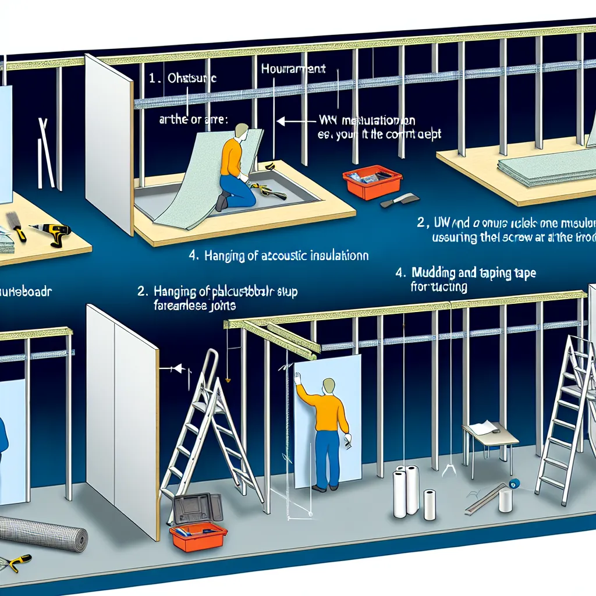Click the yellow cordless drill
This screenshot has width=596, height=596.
tap(56, 232)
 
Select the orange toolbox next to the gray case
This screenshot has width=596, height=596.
tap(198, 535)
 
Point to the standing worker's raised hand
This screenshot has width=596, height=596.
tap(298, 378)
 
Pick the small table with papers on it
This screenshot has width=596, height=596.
tap(490, 437)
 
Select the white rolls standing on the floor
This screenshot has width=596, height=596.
tap(411, 492)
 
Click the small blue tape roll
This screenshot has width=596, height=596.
tap(515, 483)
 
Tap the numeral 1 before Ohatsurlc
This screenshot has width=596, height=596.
tap(152, 79)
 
